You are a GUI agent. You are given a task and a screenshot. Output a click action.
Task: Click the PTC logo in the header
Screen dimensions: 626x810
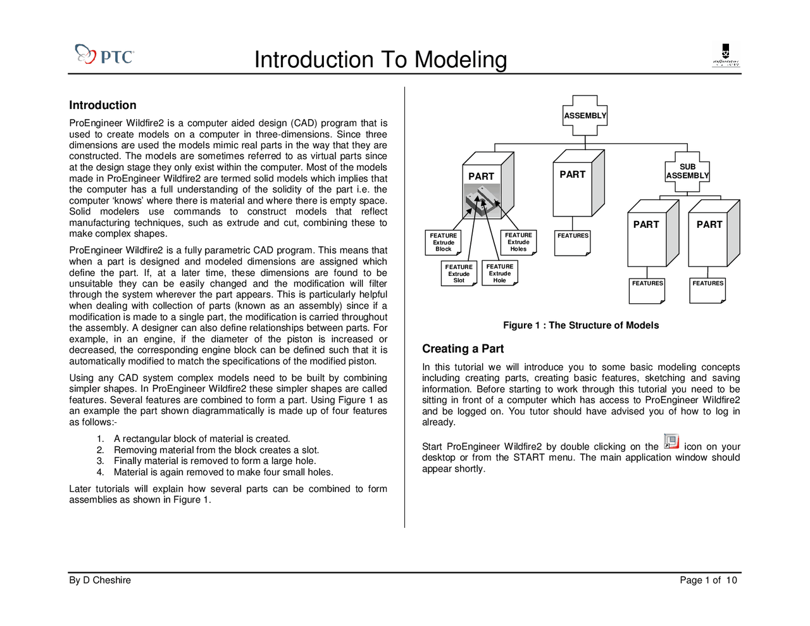104,56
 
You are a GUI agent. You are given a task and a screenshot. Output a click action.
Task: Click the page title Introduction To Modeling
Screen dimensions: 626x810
380,60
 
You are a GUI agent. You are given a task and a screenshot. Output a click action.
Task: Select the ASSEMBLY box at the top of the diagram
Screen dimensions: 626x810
585,115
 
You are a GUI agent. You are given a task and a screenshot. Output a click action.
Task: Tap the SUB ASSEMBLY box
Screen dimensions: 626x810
687,172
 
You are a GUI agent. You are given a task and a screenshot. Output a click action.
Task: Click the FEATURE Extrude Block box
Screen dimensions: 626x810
443,242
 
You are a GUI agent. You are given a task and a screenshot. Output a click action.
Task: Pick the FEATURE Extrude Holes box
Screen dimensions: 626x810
518,242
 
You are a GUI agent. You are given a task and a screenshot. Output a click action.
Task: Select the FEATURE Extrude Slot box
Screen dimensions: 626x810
459,273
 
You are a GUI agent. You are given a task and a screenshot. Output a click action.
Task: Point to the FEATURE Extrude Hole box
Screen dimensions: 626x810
500,273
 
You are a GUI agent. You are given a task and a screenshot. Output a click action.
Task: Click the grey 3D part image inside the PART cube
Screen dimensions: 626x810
483,201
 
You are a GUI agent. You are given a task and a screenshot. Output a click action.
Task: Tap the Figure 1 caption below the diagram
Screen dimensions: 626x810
580,325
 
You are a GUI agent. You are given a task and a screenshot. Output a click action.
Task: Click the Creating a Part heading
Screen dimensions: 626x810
463,349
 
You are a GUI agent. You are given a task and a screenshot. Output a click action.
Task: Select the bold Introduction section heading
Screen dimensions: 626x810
103,105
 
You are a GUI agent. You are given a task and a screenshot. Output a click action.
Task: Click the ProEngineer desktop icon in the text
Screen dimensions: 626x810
671,442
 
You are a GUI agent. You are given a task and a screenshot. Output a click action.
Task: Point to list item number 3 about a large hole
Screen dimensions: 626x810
215,461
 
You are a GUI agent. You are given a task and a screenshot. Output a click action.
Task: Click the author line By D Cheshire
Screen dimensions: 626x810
100,580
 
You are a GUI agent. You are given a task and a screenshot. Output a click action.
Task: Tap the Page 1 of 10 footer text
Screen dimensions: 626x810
708,580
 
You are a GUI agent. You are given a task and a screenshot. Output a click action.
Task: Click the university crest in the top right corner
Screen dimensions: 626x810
726,55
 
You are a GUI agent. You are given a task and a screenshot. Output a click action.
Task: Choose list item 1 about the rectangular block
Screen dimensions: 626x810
201,439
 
